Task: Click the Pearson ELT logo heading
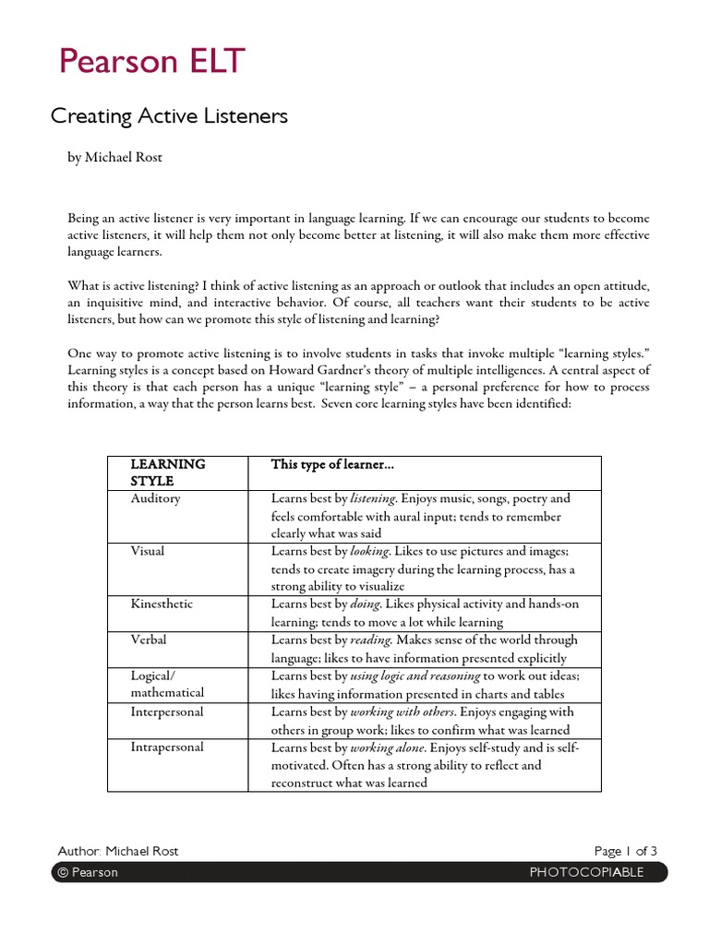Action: pos(152,61)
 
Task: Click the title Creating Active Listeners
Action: pos(169,116)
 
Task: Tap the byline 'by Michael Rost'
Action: pos(115,158)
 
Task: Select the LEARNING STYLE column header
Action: pos(168,472)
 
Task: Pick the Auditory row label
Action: pos(156,498)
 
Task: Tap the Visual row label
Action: pos(148,551)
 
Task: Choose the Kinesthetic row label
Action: pos(162,604)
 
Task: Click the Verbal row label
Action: pos(150,640)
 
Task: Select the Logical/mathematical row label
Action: pos(167,684)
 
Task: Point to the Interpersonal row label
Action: pos(167,712)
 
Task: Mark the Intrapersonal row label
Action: pos(167,748)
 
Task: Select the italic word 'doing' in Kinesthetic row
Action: pos(365,604)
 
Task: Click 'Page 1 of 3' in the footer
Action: pos(626,851)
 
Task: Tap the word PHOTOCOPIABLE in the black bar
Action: pos(587,872)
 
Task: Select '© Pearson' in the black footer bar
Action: pos(88,872)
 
